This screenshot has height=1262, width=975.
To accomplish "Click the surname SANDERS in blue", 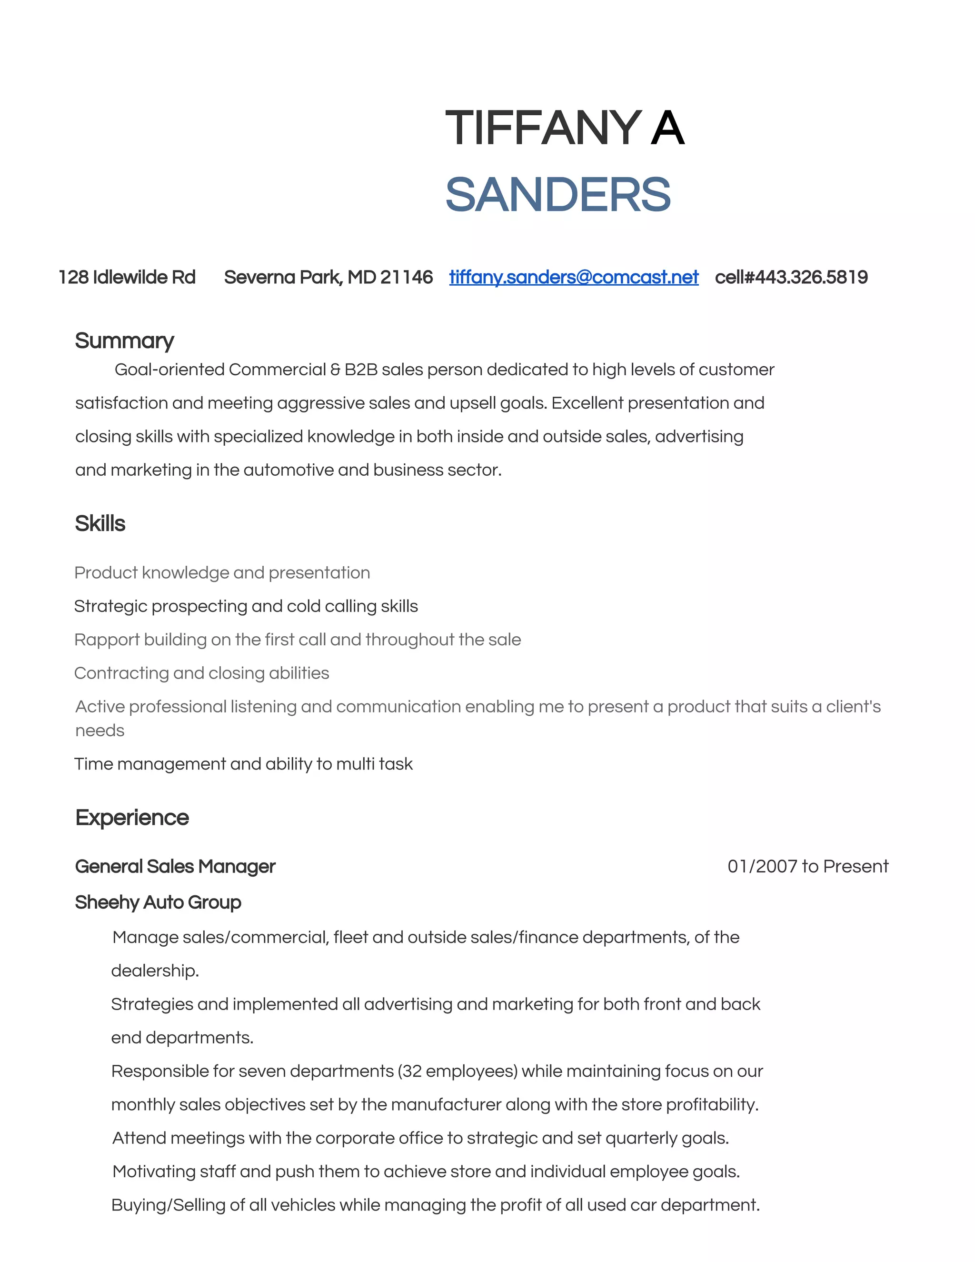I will [x=557, y=195].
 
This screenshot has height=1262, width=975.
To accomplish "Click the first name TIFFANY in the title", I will [x=542, y=128].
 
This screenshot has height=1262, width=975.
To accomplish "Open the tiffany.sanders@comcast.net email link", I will [x=574, y=277].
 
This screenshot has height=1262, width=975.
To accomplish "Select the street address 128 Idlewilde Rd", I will [x=127, y=277].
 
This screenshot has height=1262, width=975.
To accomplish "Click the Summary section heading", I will [x=124, y=341].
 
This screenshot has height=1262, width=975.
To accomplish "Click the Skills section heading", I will [x=100, y=523].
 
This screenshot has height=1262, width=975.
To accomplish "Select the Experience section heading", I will [x=132, y=818].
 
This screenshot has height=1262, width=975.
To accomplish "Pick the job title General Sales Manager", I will [x=175, y=867].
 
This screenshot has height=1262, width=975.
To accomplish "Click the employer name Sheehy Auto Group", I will [x=158, y=902].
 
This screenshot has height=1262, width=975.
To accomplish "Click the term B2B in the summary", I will [x=360, y=370].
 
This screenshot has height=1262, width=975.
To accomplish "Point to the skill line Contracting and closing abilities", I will [x=201, y=673].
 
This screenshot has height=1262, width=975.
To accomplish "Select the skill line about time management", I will [x=243, y=764].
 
